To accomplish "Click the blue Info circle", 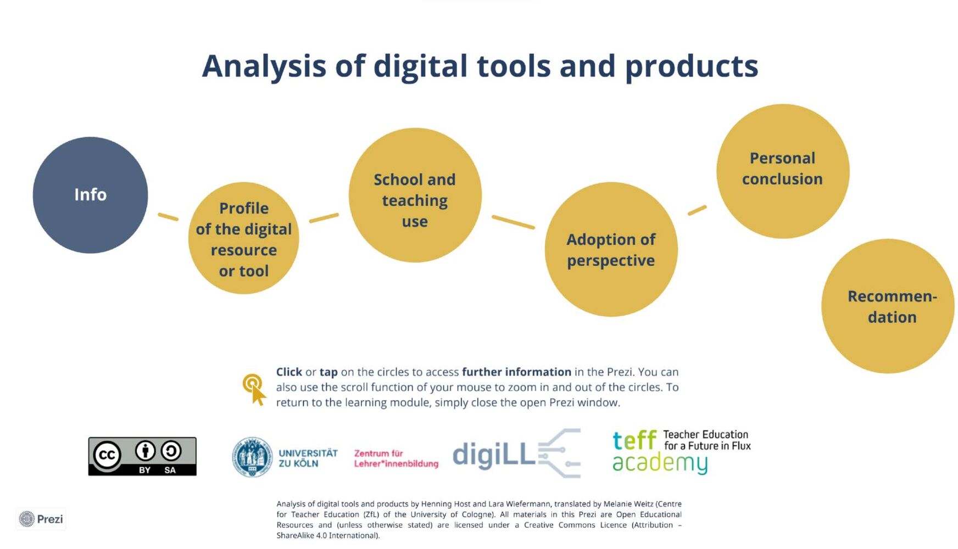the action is (x=90, y=195).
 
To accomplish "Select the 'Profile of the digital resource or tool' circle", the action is (x=243, y=238).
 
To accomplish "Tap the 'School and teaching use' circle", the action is (x=415, y=195).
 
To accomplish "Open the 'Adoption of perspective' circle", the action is (x=611, y=249).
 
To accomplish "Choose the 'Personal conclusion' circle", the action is (x=783, y=171).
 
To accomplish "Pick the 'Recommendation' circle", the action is (x=888, y=306).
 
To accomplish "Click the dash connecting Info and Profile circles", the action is (x=168, y=217).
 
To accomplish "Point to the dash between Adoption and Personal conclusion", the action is (x=697, y=210).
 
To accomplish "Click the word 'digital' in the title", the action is (x=421, y=66).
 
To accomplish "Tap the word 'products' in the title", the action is (x=692, y=66).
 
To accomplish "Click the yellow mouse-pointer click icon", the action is (x=254, y=389).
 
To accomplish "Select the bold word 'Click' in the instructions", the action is (x=289, y=372).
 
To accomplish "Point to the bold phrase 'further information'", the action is (x=516, y=372).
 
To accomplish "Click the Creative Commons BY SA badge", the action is (x=142, y=456).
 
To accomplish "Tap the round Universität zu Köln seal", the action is (x=252, y=457).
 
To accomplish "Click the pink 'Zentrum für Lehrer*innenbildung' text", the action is (x=396, y=458).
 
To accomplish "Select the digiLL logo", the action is (x=516, y=453).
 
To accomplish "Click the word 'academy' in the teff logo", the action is (x=660, y=463).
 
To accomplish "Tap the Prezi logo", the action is (x=41, y=519).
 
